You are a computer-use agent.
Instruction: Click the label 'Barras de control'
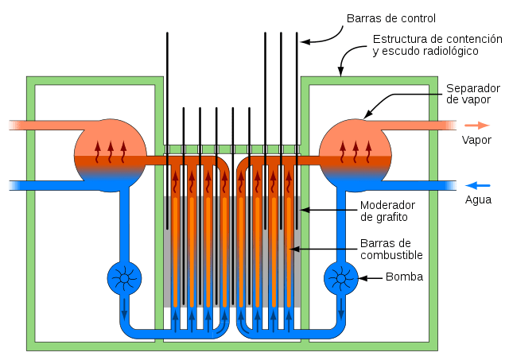[x=391, y=18]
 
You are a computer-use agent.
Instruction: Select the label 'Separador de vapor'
[x=473, y=94]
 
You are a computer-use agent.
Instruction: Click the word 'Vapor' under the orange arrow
[x=476, y=140]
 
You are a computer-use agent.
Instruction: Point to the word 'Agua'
[x=478, y=199]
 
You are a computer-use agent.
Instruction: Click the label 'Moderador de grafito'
[x=387, y=211]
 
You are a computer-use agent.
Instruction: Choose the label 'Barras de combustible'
[x=391, y=249]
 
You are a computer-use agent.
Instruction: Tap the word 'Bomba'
[x=405, y=277]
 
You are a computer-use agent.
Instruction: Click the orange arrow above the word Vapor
[x=477, y=126]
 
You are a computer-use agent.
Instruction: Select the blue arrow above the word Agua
[x=477, y=185]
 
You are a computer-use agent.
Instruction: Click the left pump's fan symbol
[x=124, y=278]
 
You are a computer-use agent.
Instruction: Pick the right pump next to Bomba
[x=341, y=278]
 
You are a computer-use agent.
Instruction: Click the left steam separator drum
[x=111, y=155]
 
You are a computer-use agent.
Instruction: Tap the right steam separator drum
[x=356, y=155]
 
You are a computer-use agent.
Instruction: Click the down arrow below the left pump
[x=124, y=309]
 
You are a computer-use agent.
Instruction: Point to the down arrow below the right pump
[x=341, y=309]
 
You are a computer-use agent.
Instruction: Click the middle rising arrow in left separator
[x=111, y=152]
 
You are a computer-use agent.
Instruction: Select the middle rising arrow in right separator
[x=356, y=152]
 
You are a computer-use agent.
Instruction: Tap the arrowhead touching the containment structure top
[x=340, y=72]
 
